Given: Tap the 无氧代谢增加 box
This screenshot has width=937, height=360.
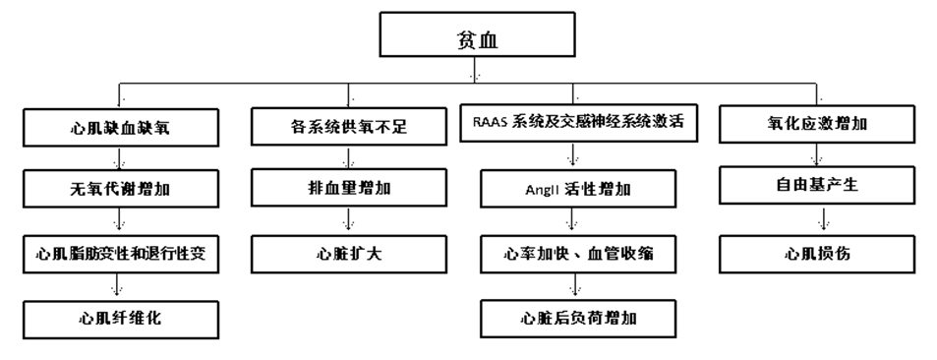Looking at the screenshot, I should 120,185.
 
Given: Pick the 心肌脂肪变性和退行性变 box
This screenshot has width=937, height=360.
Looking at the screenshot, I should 120,252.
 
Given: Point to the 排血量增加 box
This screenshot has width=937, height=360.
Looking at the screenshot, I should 343,185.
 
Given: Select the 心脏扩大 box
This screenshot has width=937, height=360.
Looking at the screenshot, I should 343,252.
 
